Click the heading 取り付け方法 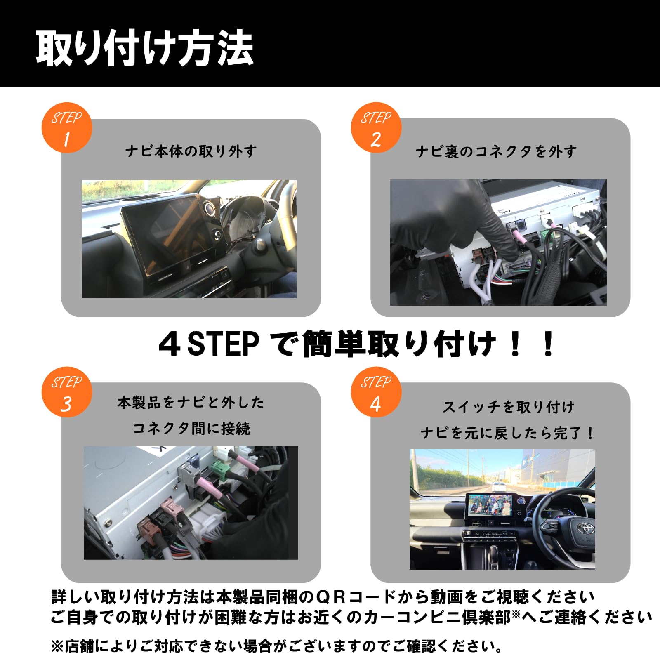click(x=144, y=49)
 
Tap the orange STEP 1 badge click(x=67, y=128)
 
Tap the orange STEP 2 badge click(x=376, y=128)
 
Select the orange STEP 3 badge click(x=67, y=392)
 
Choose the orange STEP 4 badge click(x=376, y=392)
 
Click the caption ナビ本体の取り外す click(x=191, y=151)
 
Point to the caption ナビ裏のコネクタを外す click(x=496, y=151)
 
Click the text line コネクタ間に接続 click(x=191, y=429)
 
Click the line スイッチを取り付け click(x=508, y=407)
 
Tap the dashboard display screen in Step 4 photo click(x=490, y=505)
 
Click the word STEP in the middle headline click(x=223, y=344)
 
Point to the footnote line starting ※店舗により click(x=276, y=646)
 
